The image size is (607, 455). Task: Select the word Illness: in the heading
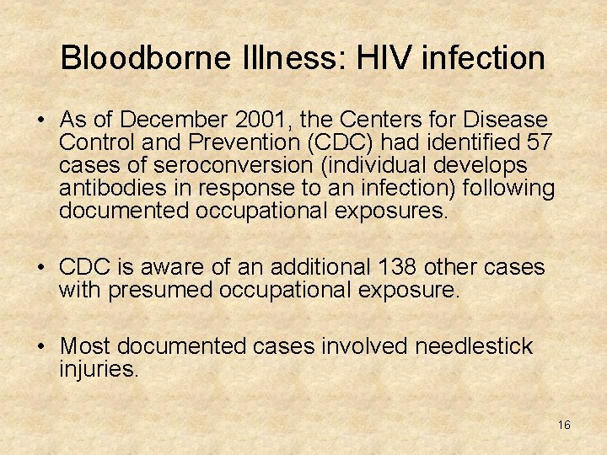[281, 58]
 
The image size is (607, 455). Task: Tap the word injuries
[99, 368]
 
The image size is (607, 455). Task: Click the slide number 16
[564, 425]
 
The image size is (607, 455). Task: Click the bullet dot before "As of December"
[41, 121]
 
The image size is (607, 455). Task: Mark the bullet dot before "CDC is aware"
[41, 269]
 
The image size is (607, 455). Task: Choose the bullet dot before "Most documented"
[41, 347]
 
